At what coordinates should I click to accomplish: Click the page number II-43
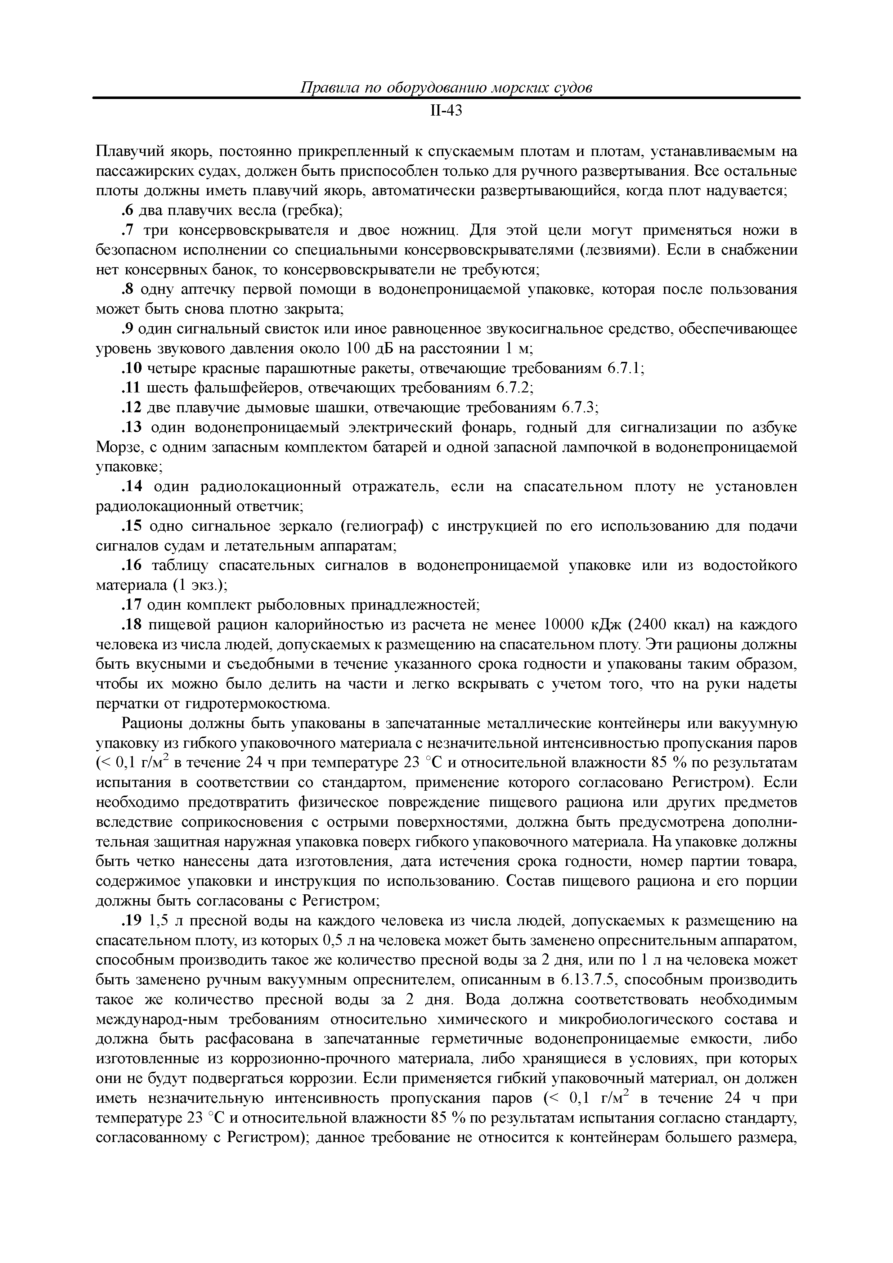446,112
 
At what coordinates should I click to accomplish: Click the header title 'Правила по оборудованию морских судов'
446,88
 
